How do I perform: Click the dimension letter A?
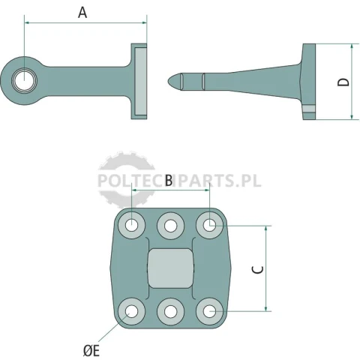(82, 13)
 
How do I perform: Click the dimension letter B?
(169, 180)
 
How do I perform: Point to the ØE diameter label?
(91, 351)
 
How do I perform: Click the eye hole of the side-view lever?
(24, 81)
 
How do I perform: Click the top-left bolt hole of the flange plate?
(131, 226)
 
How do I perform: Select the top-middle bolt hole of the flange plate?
(170, 226)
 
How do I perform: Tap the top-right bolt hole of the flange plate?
(209, 226)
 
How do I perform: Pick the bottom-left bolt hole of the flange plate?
(131, 311)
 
